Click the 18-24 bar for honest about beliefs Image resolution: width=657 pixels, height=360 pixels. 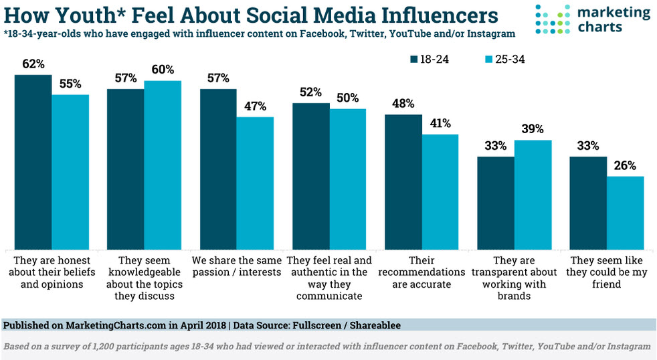coord(33,161)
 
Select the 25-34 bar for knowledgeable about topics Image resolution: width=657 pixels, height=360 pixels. coord(163,164)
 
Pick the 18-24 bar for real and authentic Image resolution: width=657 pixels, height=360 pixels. coord(310,175)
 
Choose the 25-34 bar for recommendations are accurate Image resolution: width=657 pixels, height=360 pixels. coord(440,191)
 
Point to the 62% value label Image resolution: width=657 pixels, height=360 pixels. coord(33,65)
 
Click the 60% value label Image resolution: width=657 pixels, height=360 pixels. coord(163,70)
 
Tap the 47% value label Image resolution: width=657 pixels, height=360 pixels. coord(255,106)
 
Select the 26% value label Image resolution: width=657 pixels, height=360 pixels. coord(625,166)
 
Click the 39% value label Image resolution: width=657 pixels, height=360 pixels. coord(533,129)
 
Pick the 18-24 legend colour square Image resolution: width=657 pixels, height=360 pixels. coord(414,59)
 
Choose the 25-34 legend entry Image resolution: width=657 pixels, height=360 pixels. coord(508,59)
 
